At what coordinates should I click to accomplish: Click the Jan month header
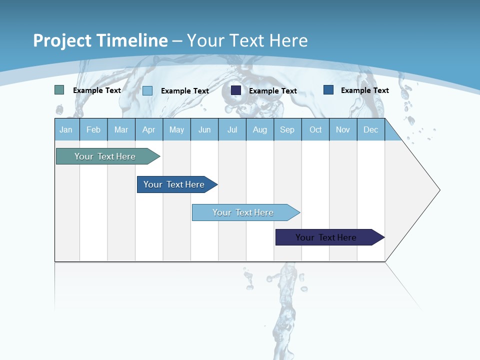pos(66,130)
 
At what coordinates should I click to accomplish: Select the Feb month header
pos(93,130)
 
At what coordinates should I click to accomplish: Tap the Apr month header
pos(149,130)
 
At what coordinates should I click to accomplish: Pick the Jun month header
pos(204,130)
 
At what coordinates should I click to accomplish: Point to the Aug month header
pos(260,130)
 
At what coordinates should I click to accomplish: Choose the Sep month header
pos(287,130)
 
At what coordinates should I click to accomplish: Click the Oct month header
pos(315,130)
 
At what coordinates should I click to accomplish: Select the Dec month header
pos(371,130)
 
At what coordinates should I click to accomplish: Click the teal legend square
pos(59,90)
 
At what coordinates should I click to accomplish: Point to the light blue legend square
pos(147,90)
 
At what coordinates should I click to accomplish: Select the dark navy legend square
pos(236,90)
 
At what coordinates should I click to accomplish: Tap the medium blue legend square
pos(328,90)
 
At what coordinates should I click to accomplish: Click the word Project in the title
pos(62,40)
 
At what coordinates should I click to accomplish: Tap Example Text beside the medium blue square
pos(364,90)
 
